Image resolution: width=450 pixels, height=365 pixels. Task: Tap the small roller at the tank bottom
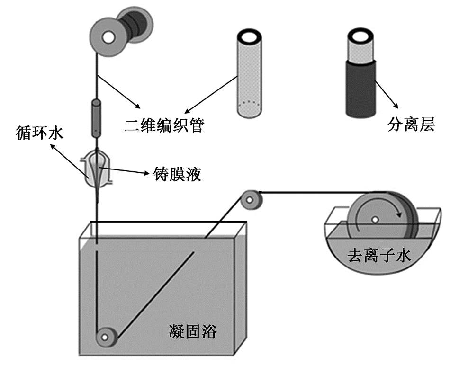[105, 338]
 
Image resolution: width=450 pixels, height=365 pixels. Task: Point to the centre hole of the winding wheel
[374, 220]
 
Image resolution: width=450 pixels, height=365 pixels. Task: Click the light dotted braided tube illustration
[249, 80]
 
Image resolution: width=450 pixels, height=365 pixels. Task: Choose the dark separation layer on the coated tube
[361, 90]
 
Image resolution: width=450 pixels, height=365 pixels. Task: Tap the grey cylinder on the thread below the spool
[96, 117]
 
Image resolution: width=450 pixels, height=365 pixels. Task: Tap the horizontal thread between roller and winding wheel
[308, 192]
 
